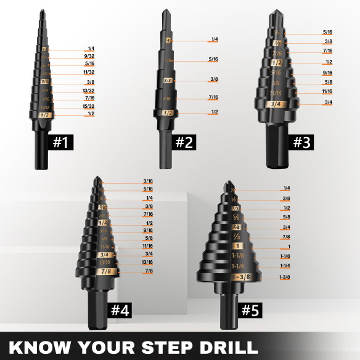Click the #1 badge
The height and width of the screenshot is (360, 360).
[60, 142]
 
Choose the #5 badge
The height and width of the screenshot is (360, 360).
[250, 310]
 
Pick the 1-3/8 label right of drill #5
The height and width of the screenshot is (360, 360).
[285, 277]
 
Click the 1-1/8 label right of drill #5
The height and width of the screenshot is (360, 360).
[285, 256]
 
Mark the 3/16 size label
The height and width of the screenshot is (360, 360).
[148, 181]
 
